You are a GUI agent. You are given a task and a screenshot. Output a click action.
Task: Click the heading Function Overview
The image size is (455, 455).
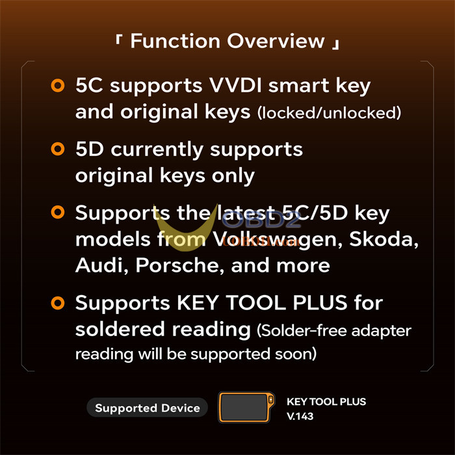(x=227, y=41)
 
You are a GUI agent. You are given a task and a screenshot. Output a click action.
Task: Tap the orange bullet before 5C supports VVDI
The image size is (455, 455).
(x=57, y=85)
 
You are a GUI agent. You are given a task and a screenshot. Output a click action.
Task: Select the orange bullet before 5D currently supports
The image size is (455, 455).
(x=57, y=149)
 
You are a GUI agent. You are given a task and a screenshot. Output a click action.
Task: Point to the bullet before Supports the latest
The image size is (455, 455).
(x=57, y=213)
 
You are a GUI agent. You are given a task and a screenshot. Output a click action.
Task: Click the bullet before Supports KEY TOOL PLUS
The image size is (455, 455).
(x=57, y=302)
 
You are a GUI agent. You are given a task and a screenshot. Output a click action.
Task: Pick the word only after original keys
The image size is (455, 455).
(x=231, y=175)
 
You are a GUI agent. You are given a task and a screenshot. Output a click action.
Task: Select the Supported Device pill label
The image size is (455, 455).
(x=147, y=408)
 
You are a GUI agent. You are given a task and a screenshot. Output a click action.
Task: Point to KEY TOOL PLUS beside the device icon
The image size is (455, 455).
(x=330, y=402)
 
